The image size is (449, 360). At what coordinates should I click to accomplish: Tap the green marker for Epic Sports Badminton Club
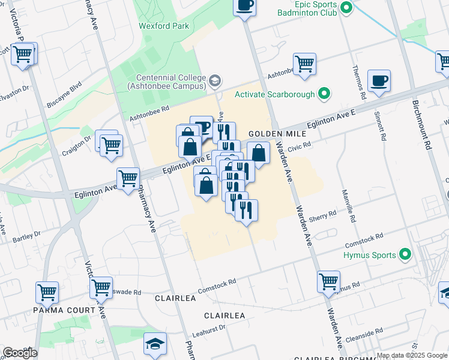coord(346,8)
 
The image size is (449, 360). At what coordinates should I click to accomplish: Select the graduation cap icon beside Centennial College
coord(215,80)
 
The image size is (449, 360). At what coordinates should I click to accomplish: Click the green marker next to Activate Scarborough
coord(325,94)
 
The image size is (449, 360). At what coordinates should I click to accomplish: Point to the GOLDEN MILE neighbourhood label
coord(270,134)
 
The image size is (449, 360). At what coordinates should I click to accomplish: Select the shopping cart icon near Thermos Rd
coord(305,64)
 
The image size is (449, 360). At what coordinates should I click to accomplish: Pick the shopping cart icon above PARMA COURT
coord(47,292)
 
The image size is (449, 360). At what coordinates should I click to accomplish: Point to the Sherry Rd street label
coord(324,216)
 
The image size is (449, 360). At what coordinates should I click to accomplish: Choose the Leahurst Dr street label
coord(208,329)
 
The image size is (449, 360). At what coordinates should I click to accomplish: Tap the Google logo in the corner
coord(20,353)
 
